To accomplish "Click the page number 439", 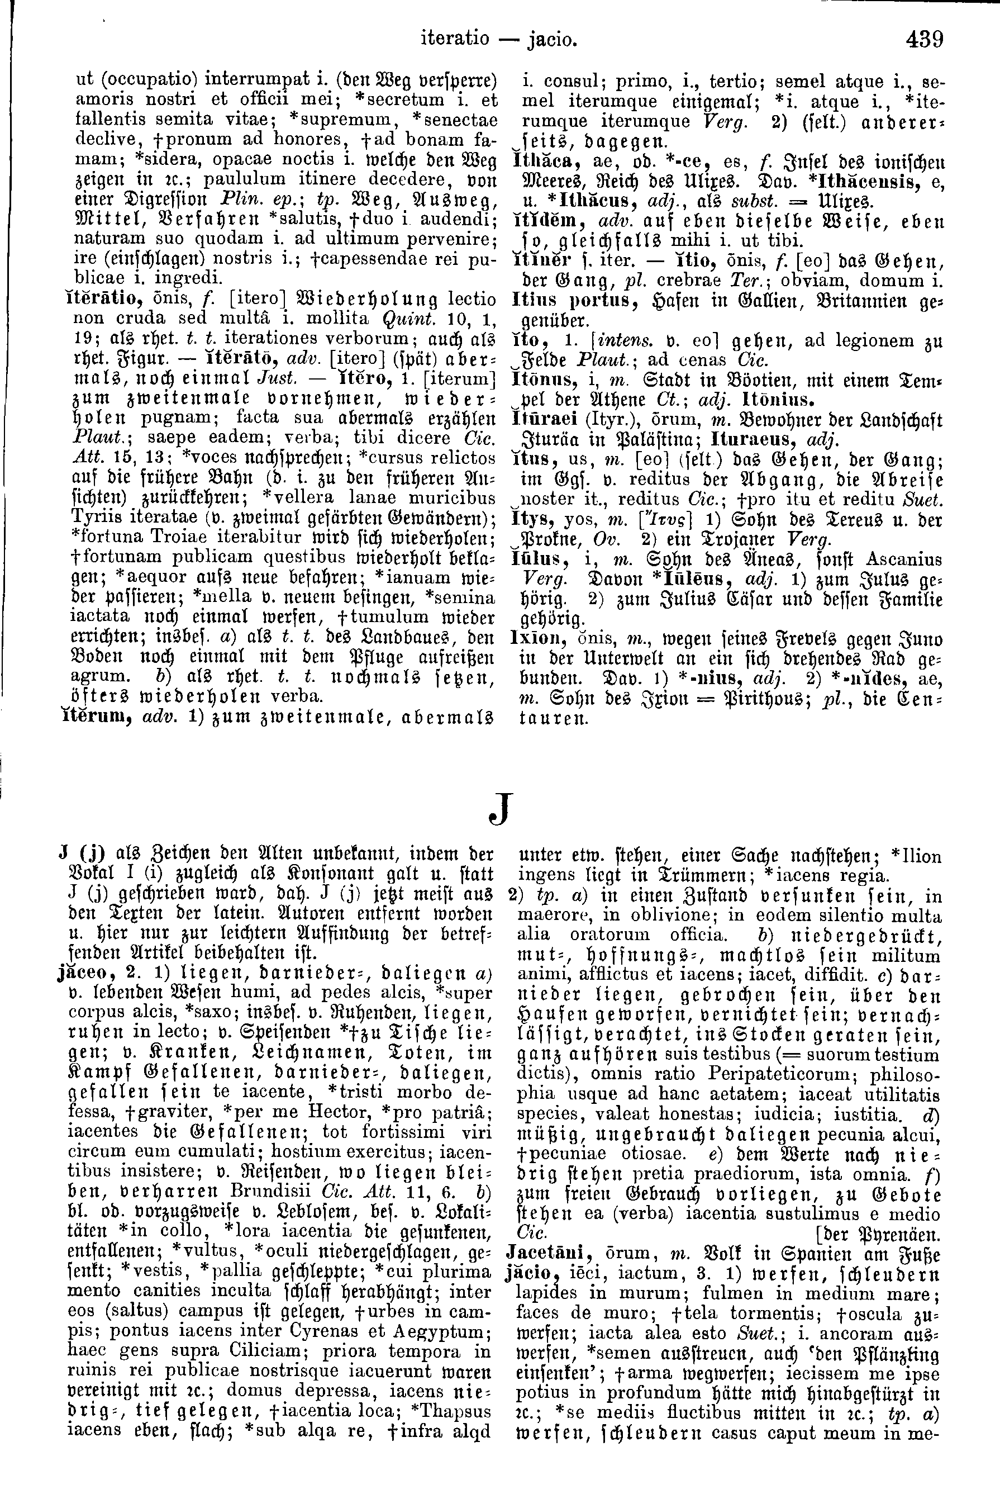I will (x=924, y=40).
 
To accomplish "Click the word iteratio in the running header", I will (x=455, y=40).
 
